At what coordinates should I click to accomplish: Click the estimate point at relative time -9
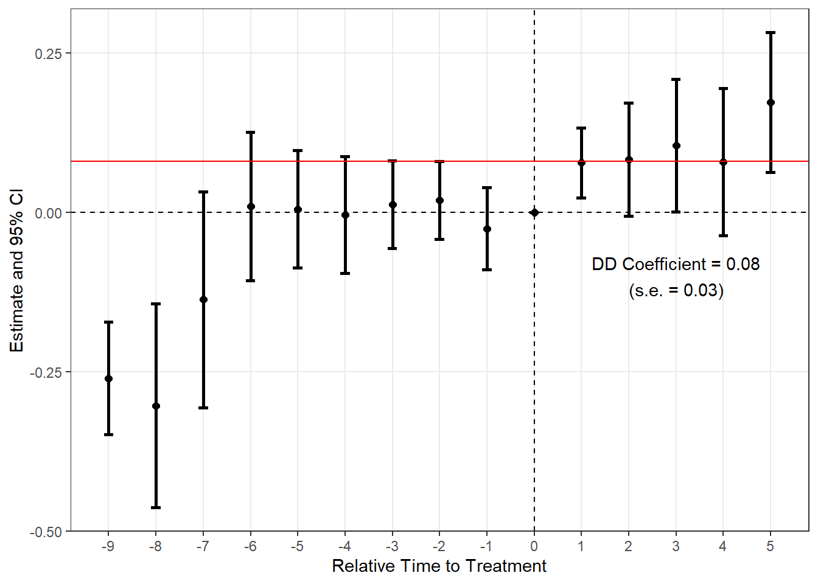coord(109,378)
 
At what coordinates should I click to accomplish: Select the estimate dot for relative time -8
coord(156,406)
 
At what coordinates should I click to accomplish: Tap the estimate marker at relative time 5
coord(771,102)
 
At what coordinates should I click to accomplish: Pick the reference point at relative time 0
coord(534,212)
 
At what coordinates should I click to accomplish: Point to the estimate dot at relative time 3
coord(676,145)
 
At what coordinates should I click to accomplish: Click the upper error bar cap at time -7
coord(203,192)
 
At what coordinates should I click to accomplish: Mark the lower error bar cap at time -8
coord(156,507)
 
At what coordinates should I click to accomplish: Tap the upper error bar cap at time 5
coord(771,33)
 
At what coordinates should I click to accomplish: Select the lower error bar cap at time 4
coord(723,235)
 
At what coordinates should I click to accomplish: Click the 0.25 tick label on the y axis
coord(48,54)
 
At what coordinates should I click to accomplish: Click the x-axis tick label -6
coord(250,546)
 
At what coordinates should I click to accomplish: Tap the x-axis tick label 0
coord(534,546)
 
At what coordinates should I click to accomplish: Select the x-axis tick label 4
coord(723,546)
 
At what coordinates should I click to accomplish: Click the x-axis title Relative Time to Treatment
coord(439,566)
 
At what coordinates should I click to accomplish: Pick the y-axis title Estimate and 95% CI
coord(17,270)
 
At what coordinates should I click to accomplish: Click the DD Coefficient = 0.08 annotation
coord(676,264)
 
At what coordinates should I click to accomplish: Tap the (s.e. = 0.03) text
coord(676,290)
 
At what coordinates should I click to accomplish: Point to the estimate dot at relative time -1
coord(487,229)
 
